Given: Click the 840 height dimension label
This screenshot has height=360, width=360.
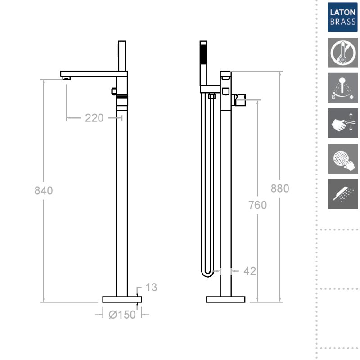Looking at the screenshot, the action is (x=44, y=190).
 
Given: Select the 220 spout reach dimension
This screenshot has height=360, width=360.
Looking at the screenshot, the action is (x=94, y=118).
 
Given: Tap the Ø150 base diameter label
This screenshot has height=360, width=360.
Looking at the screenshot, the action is (x=122, y=315).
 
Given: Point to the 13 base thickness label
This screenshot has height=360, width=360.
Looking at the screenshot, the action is (x=151, y=287).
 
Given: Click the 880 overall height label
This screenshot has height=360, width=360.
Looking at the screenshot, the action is (x=279, y=189).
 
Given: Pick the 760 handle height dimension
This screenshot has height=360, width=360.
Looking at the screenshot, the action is (x=257, y=205).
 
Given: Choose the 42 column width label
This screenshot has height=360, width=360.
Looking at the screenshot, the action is (x=250, y=271).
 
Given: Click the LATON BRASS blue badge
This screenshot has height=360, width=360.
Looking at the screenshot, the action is (x=343, y=17).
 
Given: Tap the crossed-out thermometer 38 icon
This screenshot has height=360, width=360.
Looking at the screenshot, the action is (x=343, y=53).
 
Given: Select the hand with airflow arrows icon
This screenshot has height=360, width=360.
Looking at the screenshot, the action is (x=343, y=123).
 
